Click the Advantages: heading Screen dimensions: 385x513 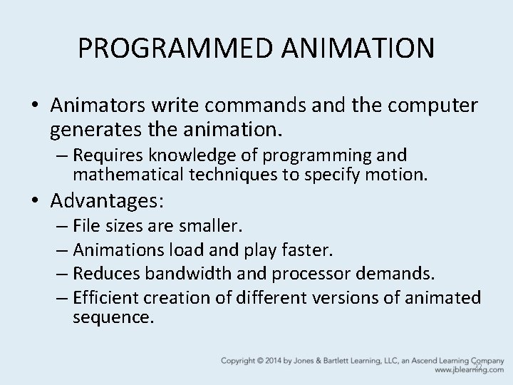point(108,201)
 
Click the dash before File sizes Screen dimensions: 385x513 point(61,227)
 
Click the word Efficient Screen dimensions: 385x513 point(108,297)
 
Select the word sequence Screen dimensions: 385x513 point(113,317)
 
